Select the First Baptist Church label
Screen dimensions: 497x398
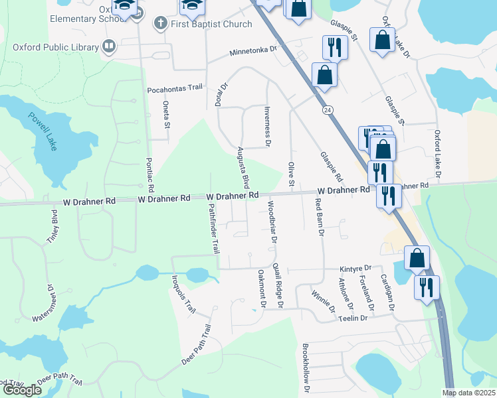coord(211,25)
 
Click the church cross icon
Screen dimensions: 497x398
coord(159,24)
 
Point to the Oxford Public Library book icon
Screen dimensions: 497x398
coord(109,46)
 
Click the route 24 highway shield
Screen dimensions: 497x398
coord(328,109)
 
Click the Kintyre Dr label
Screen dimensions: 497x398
coord(354,268)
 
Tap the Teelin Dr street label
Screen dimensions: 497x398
coord(353,318)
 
